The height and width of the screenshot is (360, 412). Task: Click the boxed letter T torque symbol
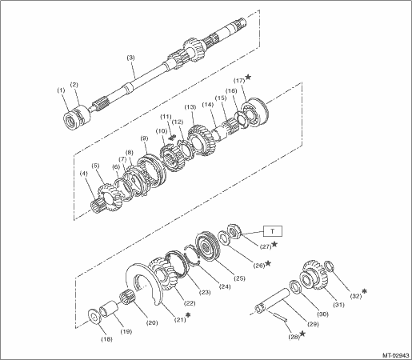273,231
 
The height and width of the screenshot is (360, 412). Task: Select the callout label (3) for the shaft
130,58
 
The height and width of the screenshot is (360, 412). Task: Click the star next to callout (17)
248,77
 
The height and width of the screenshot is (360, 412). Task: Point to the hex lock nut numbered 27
234,231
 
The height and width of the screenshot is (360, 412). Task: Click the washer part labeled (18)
94,317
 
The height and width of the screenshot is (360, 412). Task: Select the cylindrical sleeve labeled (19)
109,309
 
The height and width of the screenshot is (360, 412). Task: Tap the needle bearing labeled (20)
126,298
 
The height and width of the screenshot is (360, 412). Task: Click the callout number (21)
179,319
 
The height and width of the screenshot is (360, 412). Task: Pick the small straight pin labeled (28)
280,317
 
